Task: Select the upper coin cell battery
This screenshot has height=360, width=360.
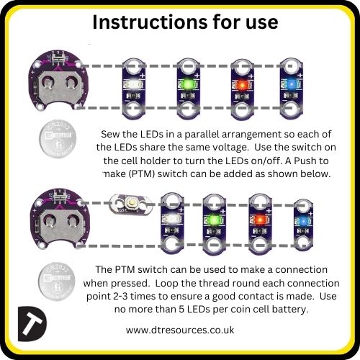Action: (58, 139)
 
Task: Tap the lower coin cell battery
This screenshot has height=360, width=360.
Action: (57, 281)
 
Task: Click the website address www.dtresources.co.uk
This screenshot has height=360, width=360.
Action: (180, 330)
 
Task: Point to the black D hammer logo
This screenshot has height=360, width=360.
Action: (32, 324)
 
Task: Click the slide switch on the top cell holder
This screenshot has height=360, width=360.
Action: (58, 58)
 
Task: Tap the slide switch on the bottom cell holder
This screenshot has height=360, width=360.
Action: (59, 196)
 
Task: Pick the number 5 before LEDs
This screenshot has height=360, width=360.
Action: (181, 309)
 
